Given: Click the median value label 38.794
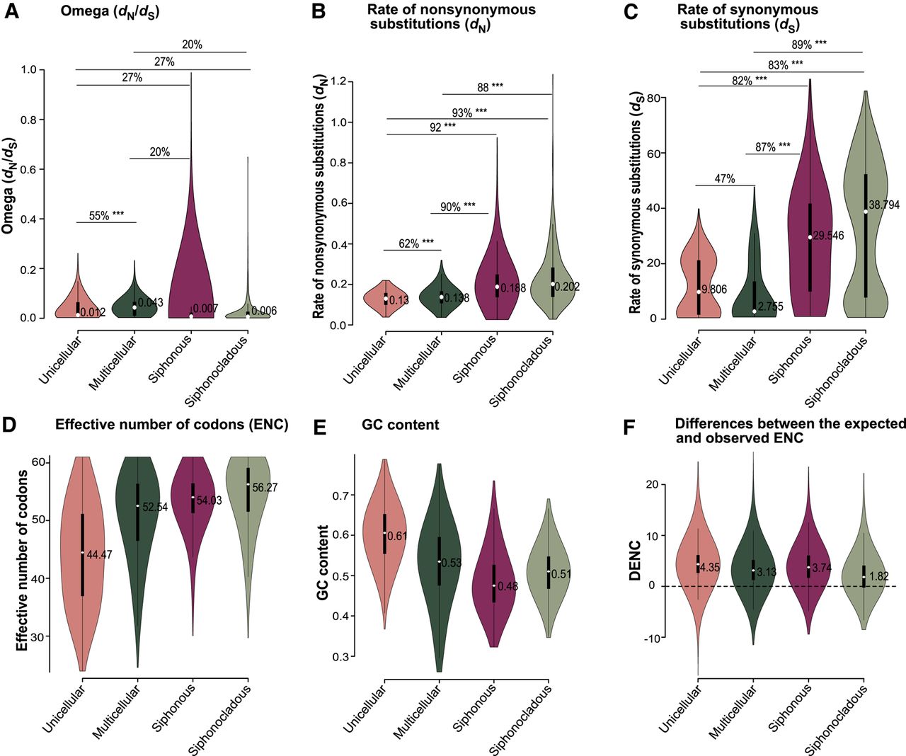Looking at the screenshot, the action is tap(884, 205).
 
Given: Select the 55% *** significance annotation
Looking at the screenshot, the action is tap(106, 215).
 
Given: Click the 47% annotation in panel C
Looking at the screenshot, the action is tap(724, 178).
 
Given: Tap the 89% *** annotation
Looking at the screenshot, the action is tap(809, 45).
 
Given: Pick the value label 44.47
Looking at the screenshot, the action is tap(99, 555).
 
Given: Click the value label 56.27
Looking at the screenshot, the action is tap(265, 487).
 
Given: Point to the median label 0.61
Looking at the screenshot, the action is tap(398, 536).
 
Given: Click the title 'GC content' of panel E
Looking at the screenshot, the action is tap(401, 425).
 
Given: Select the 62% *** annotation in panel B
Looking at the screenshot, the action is tap(415, 244).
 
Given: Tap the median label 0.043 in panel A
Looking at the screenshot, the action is tap(150, 302).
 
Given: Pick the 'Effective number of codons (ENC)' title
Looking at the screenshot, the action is tap(172, 425).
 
